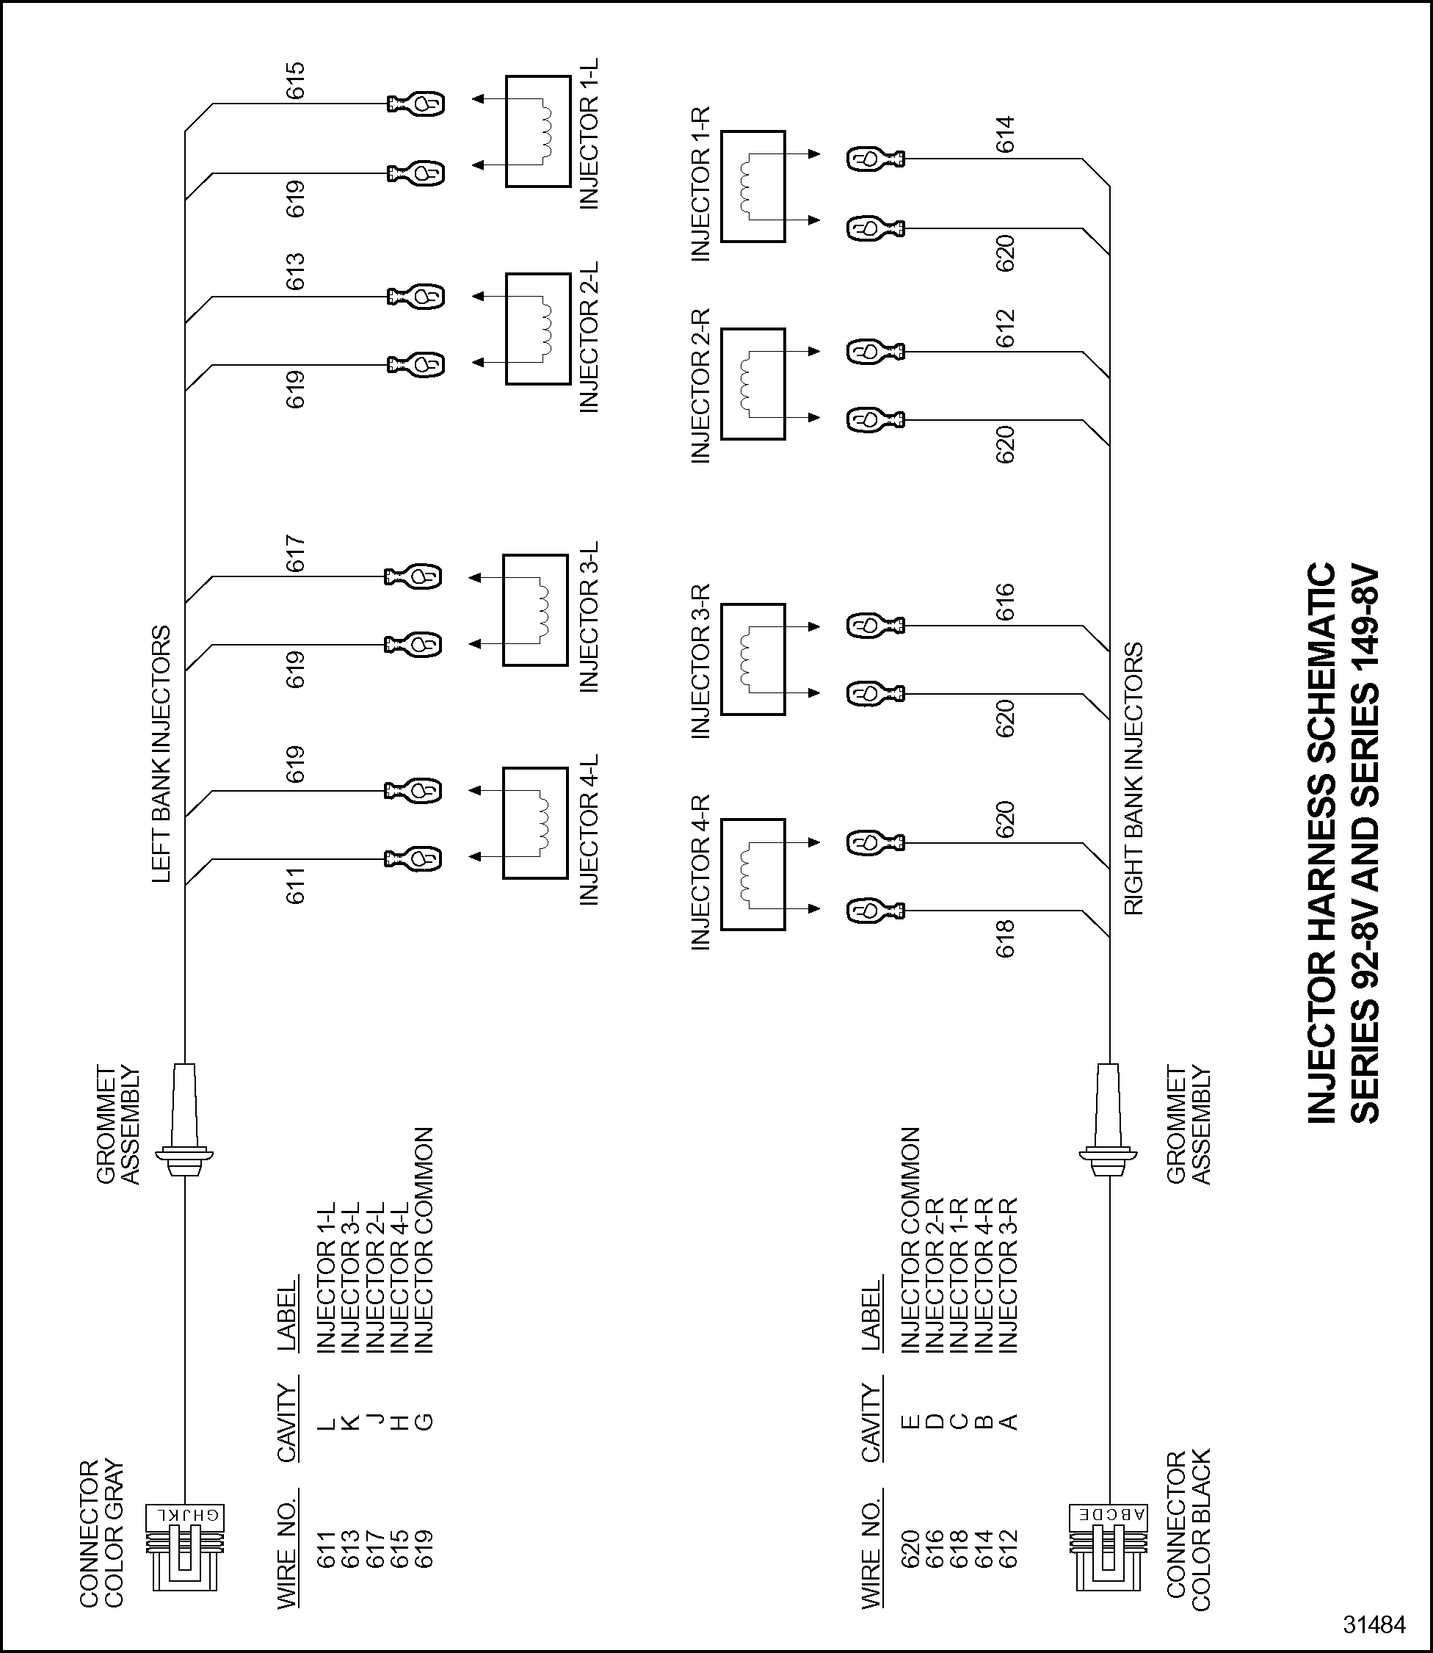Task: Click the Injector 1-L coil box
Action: coord(538,132)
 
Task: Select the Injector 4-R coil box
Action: coord(752,874)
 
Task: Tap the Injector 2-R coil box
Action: coord(752,384)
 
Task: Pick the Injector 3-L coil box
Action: coord(536,610)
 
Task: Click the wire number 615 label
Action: coord(296,81)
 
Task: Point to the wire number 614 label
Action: coord(1005,134)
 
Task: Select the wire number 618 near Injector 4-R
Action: coord(1005,938)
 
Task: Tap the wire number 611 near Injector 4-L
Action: coord(296,886)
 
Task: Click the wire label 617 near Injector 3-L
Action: coord(296,554)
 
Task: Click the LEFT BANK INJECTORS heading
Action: coord(162,754)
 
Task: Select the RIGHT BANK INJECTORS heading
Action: coord(1134,779)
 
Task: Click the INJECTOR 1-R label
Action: coord(700,184)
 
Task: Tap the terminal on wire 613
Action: coord(416,297)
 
